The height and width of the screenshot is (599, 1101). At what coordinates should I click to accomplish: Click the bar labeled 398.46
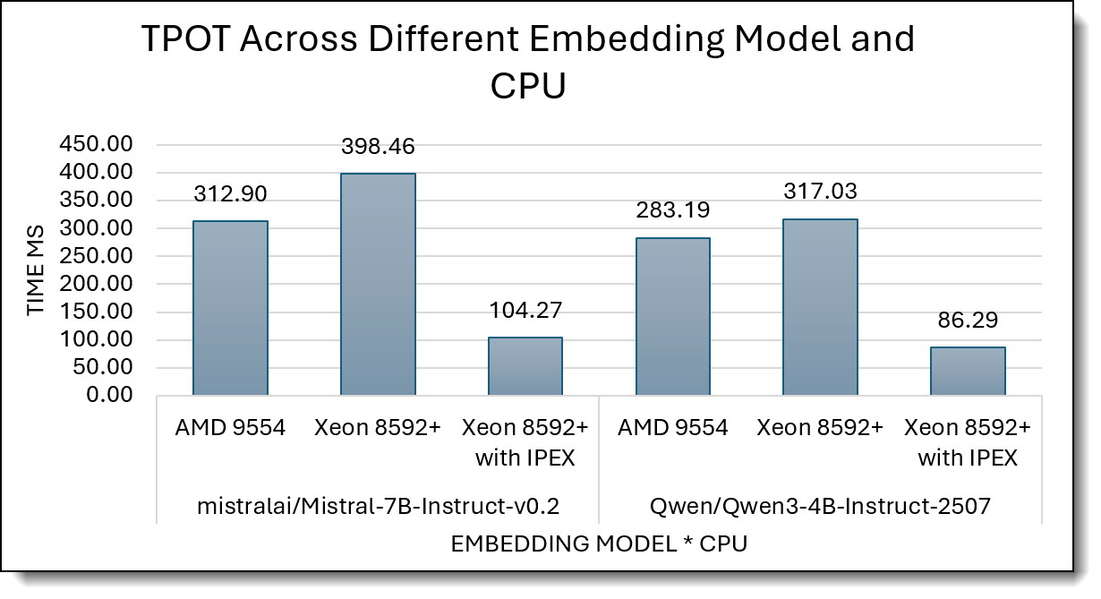[378, 284]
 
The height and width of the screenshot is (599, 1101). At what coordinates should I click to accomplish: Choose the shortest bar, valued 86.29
[968, 371]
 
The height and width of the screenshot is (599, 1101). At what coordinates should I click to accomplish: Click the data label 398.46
[378, 147]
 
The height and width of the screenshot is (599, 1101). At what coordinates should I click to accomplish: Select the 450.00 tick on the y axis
[96, 144]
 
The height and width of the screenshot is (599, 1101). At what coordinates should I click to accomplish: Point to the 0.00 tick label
[108, 395]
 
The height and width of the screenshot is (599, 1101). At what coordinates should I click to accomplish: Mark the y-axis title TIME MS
[35, 269]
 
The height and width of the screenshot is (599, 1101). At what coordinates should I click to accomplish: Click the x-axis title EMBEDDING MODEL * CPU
[599, 544]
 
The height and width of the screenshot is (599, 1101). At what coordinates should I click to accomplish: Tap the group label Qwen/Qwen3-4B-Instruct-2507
[820, 506]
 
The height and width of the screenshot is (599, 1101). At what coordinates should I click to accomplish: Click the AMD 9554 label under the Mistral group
[231, 428]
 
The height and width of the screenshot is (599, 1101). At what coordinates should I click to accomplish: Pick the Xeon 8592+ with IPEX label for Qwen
[968, 442]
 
